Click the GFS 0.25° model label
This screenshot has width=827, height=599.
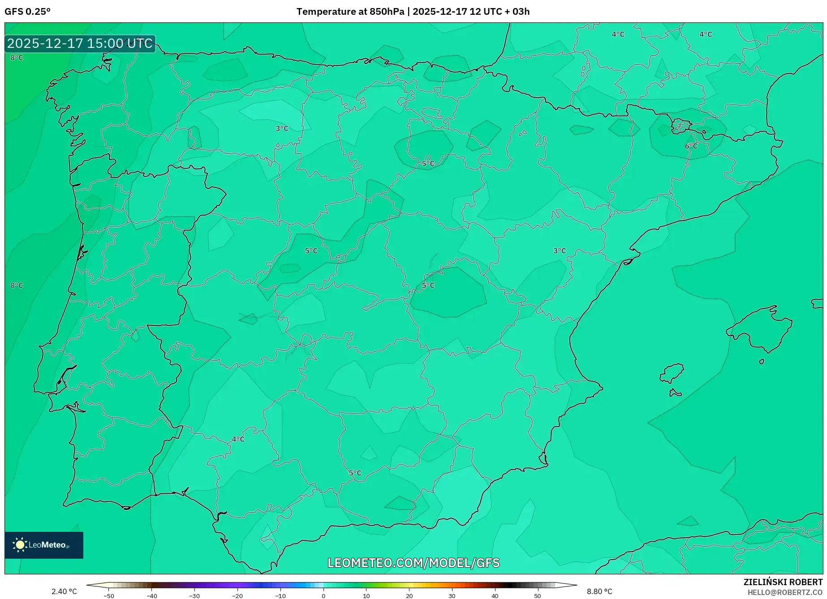[27, 12]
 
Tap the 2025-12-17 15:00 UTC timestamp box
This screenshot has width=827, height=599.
[80, 43]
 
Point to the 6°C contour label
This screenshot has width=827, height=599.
[691, 146]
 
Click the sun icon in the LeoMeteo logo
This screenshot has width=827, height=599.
[20, 545]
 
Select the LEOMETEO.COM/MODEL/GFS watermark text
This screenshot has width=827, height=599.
[413, 563]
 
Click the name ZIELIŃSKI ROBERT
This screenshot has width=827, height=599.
[783, 582]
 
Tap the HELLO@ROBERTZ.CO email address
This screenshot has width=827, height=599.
[785, 592]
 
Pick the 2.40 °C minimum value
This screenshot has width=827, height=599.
[64, 591]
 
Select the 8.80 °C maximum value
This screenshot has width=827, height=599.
[599, 591]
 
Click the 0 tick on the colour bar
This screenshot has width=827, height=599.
[323, 595]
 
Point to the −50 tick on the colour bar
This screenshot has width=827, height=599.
[108, 595]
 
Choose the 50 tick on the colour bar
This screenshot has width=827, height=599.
[538, 595]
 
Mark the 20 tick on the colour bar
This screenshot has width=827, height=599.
[409, 595]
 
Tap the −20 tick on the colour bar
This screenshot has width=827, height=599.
[237, 595]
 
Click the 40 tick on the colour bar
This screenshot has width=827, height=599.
[495, 595]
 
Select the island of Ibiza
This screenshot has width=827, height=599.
[672, 373]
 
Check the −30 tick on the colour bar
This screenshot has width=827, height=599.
[194, 595]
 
